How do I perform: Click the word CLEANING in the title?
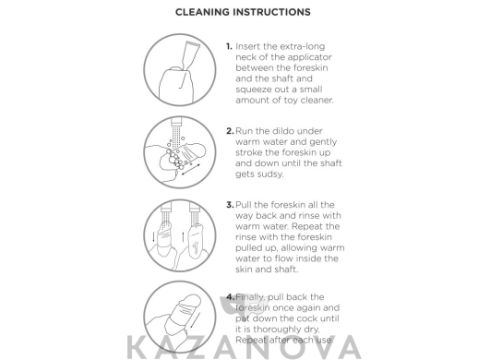(x=202, y=12)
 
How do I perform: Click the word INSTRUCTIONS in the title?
(x=272, y=12)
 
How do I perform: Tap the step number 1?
(x=229, y=46)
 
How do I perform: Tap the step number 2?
(x=230, y=131)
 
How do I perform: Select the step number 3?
(x=230, y=205)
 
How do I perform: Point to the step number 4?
(x=230, y=297)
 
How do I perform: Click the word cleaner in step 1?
(x=317, y=101)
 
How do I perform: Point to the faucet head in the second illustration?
(x=177, y=121)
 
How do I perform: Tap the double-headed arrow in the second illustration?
(x=191, y=169)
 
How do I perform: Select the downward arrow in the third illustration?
(x=153, y=236)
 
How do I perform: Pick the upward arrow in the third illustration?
(x=183, y=236)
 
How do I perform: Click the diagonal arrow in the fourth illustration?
(x=195, y=320)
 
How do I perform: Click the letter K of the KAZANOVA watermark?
(x=137, y=347)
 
